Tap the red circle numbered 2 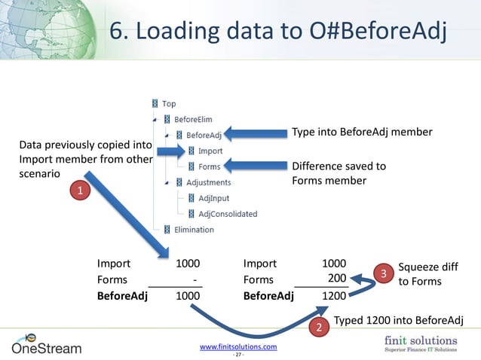point(319,328)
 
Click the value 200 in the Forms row point(336,279)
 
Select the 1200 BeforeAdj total point(334,296)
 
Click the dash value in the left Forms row point(195,279)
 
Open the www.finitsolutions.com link point(237,346)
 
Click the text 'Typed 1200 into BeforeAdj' point(397,320)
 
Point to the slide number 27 point(237,355)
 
